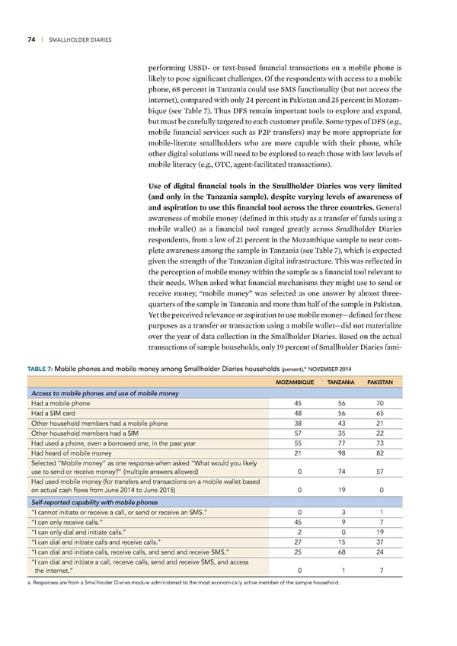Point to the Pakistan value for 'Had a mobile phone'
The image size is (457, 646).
379,404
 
